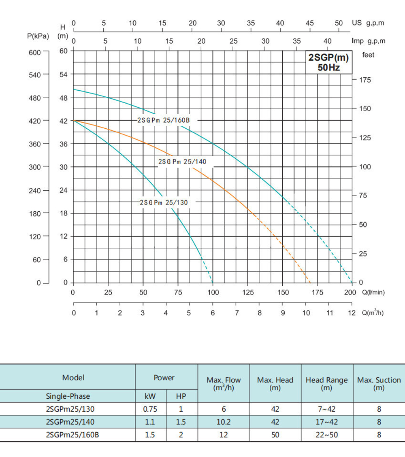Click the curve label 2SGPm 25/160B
pos(164,120)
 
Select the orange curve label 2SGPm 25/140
pos(182,162)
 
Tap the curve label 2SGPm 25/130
pos(164,202)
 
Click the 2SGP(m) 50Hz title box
pos(328,62)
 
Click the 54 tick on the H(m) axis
pos(64,74)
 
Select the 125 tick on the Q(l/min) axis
pos(248,292)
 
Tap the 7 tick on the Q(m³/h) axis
pos(237,312)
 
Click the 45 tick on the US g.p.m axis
pos(309,23)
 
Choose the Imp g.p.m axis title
pos(369,41)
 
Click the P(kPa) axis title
pos(38,36)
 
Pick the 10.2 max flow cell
pos(224,422)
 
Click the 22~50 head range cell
pos(326,435)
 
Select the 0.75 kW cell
pos(150,409)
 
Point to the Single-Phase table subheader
pos(68,396)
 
